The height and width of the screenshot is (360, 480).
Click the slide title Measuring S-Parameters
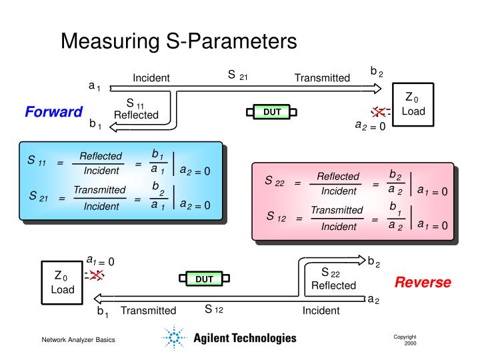[x=178, y=41]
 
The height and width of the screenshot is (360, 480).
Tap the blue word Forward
[x=53, y=111]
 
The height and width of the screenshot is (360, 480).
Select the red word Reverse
[x=423, y=282]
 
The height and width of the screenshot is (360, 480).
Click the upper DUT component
[x=272, y=112]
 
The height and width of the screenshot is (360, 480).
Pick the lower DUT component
[x=204, y=279]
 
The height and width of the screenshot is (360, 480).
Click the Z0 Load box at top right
[x=413, y=104]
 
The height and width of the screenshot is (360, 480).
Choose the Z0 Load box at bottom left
[x=63, y=283]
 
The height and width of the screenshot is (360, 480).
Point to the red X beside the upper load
[x=379, y=111]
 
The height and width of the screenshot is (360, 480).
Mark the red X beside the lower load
[x=96, y=275]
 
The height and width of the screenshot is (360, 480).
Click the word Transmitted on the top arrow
[x=322, y=78]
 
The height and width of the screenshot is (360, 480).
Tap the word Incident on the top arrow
[x=151, y=78]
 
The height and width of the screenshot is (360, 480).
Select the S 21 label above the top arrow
[x=238, y=75]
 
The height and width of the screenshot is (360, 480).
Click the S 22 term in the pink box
[x=275, y=181]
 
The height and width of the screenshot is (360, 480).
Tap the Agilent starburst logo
[x=175, y=338]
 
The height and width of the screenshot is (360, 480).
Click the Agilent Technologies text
[x=245, y=338]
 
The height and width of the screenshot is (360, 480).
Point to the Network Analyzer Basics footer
[x=79, y=340]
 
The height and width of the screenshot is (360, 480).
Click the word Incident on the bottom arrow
[x=321, y=311]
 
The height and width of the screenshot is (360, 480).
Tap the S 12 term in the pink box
[x=276, y=216]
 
